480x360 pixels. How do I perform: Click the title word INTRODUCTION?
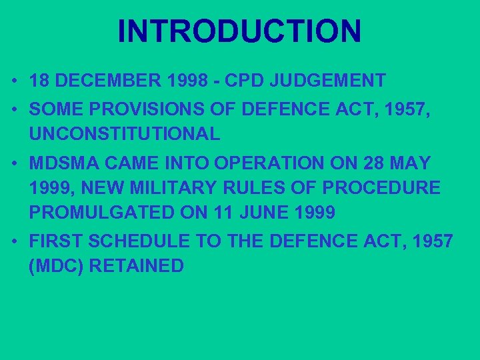coord(239,31)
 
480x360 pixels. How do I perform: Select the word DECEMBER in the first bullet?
coord(99,81)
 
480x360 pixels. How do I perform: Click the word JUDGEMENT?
coord(332,81)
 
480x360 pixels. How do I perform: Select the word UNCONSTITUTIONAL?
coord(125,134)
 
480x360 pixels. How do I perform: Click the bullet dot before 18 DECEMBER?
coord(14,82)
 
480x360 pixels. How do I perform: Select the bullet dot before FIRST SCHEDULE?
coord(14,241)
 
